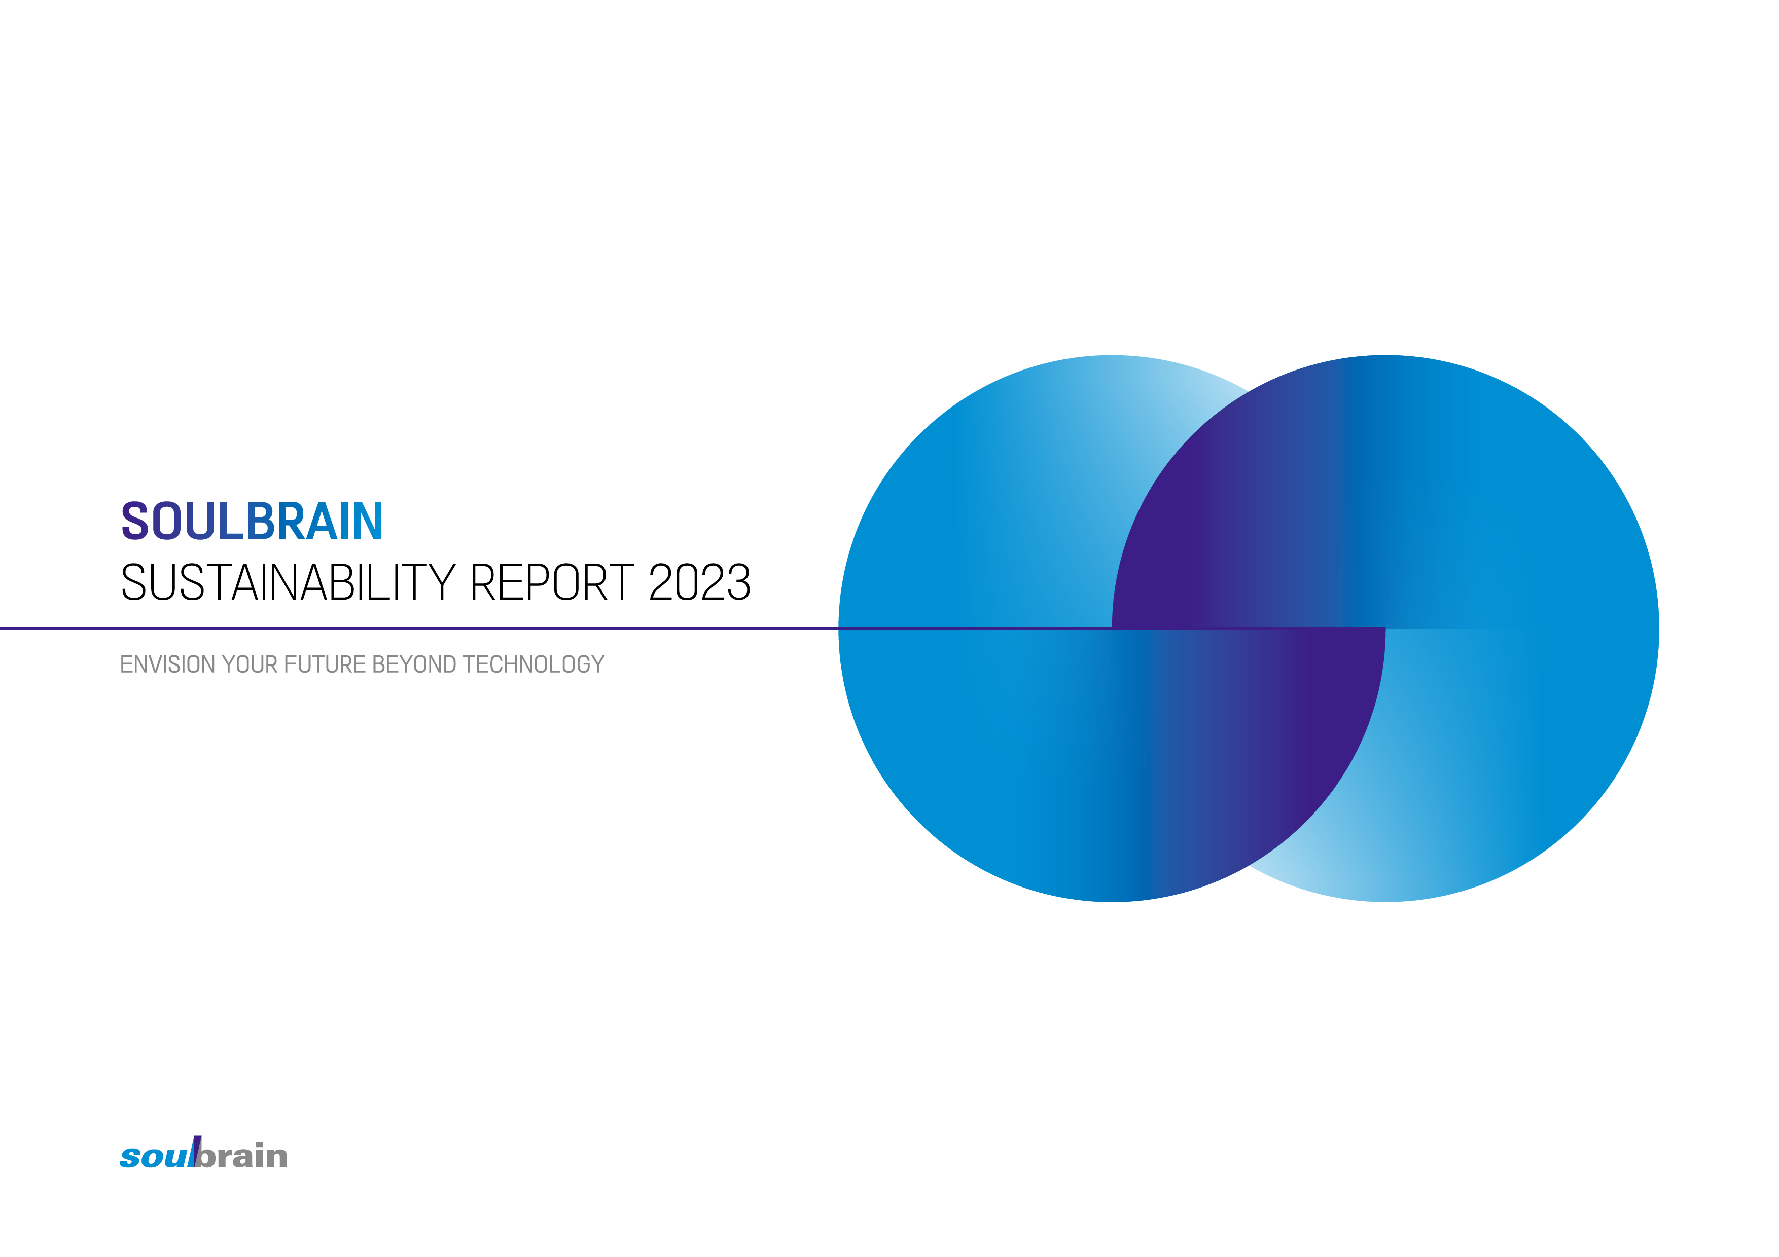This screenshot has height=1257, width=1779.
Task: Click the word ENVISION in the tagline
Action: pos(167,664)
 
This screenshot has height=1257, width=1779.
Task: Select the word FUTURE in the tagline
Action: pos(325,664)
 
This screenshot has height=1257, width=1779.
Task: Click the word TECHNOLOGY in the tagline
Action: pos(533,664)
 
